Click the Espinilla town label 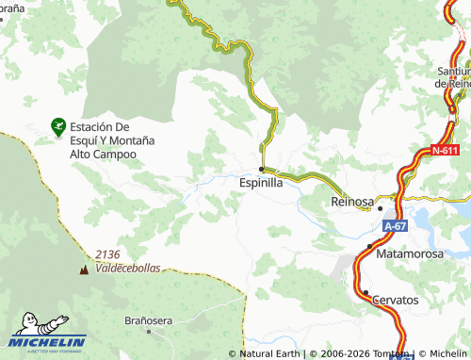click(261, 183)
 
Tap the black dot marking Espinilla click(261, 170)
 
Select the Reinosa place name click(352, 203)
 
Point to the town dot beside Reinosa click(381, 208)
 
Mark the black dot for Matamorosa click(369, 246)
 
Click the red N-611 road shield click(446, 151)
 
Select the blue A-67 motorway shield click(395, 227)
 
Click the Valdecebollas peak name click(128, 268)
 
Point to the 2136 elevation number click(109, 255)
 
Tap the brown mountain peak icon click(85, 270)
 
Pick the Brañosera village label click(149, 320)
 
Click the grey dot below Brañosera click(149, 333)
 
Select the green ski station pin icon click(57, 125)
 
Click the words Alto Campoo click(103, 154)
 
